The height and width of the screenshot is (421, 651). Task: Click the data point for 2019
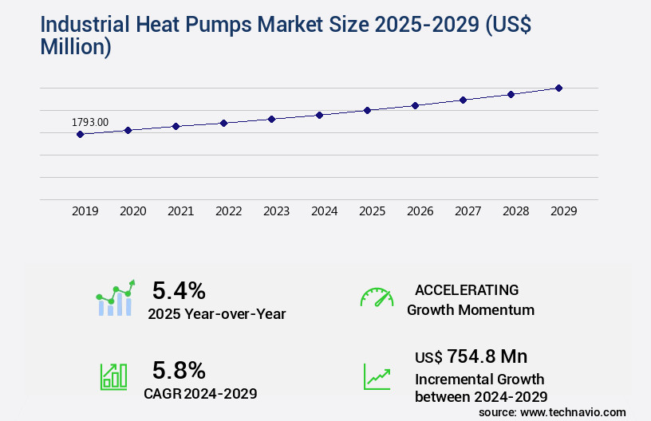(x=80, y=134)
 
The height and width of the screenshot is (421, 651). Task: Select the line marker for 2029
(x=558, y=88)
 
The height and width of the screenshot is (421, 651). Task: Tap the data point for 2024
(x=319, y=115)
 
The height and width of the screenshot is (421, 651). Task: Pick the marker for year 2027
(x=463, y=100)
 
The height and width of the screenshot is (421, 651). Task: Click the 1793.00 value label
(x=90, y=122)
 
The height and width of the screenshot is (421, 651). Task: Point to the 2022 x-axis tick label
(x=228, y=211)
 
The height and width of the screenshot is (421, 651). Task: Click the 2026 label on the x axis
(x=420, y=211)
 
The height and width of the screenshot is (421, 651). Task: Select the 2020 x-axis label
(x=132, y=211)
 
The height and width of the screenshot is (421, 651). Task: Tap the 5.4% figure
(x=179, y=289)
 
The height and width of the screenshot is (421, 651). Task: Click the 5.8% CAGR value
(x=179, y=370)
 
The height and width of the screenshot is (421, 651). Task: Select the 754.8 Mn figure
(x=487, y=356)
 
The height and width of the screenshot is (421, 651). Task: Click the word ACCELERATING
(x=467, y=289)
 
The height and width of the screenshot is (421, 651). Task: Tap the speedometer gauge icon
(x=377, y=297)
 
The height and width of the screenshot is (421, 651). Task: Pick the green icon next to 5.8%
(x=113, y=376)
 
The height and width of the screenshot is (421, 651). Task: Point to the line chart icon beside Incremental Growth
(x=377, y=376)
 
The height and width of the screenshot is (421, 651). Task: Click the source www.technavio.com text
(x=552, y=411)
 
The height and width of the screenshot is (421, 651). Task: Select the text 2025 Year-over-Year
(x=216, y=313)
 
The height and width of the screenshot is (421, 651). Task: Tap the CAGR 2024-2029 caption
(x=200, y=393)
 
